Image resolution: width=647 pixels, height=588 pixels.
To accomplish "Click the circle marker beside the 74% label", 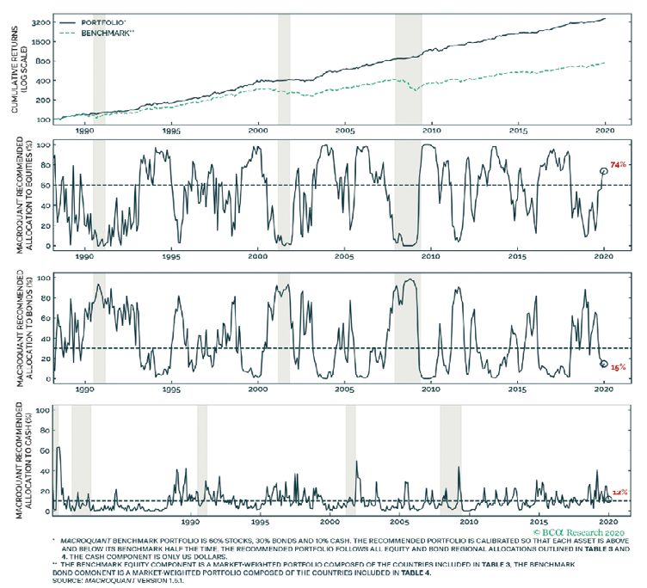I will (604, 170).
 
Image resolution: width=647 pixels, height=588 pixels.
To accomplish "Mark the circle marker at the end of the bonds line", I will (603, 364).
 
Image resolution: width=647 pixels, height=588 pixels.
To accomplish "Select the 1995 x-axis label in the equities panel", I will (170, 256).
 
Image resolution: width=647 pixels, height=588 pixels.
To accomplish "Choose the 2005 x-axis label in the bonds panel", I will (344, 389).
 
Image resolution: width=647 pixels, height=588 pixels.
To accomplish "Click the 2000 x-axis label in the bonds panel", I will (257, 389).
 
